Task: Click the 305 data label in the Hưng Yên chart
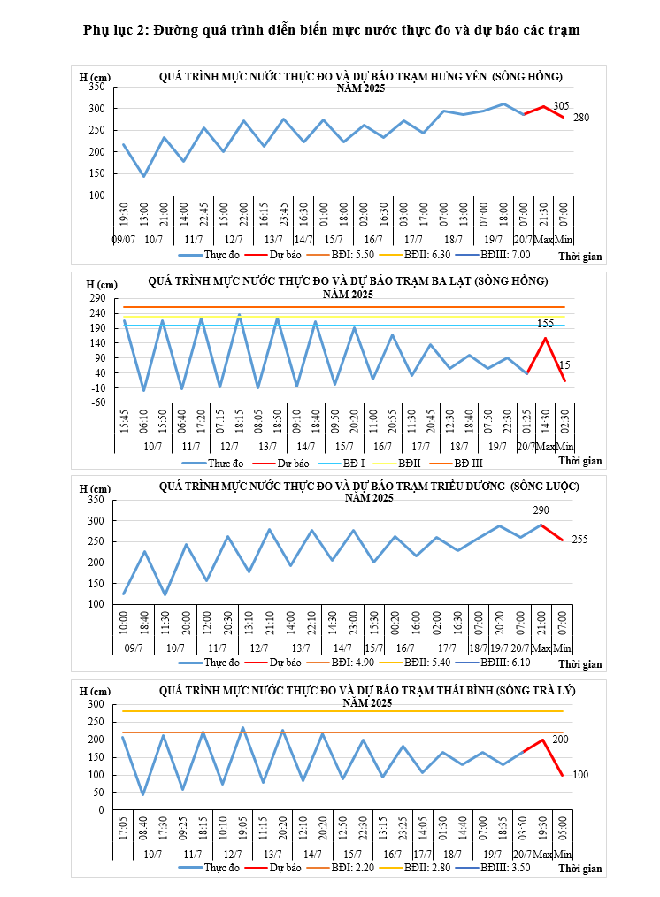[560, 106]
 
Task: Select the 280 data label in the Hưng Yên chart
[580, 118]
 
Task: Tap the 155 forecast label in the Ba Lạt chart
[545, 324]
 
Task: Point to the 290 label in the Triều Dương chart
[541, 510]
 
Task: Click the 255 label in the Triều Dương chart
[579, 540]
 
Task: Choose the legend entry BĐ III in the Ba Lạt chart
[468, 462]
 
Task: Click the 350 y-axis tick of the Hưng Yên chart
[96, 87]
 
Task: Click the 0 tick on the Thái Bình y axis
[102, 809]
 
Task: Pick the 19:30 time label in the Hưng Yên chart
[124, 215]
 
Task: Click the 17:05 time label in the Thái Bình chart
[123, 828]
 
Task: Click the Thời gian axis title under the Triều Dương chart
[579, 663]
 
